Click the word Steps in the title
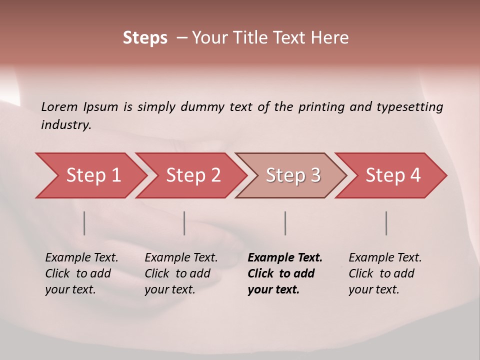pos(145,38)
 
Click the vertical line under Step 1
pos(84,223)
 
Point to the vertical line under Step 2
pos(184,223)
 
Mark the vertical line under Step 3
pos(285,223)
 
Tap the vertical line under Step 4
pos(386,223)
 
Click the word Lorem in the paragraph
pos(59,107)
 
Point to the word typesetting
pos(409,107)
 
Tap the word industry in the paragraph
pos(65,125)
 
